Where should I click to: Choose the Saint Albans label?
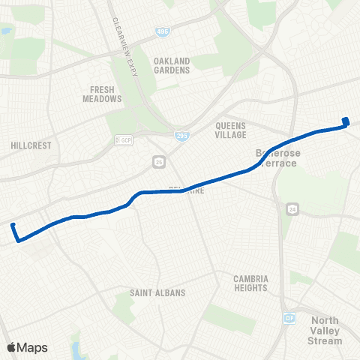157,292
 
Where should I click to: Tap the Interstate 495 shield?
163,32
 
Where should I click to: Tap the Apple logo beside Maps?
12,347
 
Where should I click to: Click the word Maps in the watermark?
32,347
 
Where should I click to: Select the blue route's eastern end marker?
346,121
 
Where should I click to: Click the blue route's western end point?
13,224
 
